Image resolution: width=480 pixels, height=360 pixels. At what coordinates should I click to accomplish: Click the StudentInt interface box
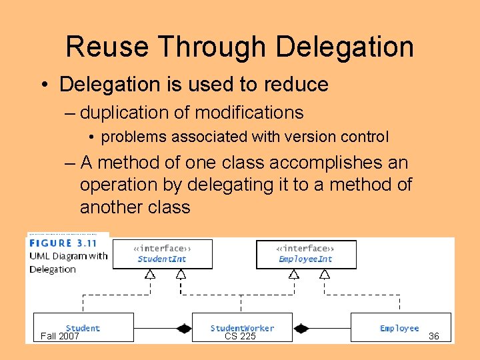[x=162, y=255]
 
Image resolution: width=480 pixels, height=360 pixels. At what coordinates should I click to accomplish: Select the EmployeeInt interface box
[x=306, y=255]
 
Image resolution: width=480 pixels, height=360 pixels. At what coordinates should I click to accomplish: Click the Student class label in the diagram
[x=83, y=328]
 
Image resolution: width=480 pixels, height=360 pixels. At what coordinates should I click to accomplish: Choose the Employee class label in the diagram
[x=399, y=328]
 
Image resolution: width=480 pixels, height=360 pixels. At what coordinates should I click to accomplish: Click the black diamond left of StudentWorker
[x=183, y=328]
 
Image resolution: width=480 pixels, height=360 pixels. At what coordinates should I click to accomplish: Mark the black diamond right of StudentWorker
[x=301, y=328]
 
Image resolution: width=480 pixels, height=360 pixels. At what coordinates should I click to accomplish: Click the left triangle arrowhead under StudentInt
[x=150, y=273]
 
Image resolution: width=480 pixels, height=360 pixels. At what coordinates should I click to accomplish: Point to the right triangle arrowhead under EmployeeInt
[x=325, y=273]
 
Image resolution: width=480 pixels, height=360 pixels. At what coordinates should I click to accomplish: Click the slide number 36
[x=433, y=336]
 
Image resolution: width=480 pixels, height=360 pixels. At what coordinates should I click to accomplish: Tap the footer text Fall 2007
[x=60, y=336]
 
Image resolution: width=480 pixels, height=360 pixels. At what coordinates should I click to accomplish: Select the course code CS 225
[x=240, y=336]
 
